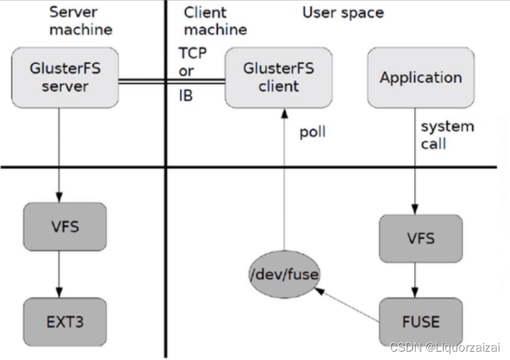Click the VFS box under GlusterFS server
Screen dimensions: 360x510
[65, 227]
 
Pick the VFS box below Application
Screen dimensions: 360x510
[420, 239]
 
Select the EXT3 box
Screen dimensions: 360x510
[65, 322]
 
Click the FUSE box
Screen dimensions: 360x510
[421, 322]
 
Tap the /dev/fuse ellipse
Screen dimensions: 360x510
[283, 275]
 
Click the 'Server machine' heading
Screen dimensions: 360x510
[81, 21]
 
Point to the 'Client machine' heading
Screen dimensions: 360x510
[215, 21]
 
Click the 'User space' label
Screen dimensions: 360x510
[343, 13]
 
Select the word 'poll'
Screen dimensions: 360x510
[313, 132]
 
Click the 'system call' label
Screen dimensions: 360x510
[447, 135]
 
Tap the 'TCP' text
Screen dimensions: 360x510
[193, 54]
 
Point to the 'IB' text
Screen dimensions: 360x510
[186, 96]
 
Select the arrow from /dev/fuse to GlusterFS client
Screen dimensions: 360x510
[283, 181]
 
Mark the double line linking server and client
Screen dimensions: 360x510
[171, 82]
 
